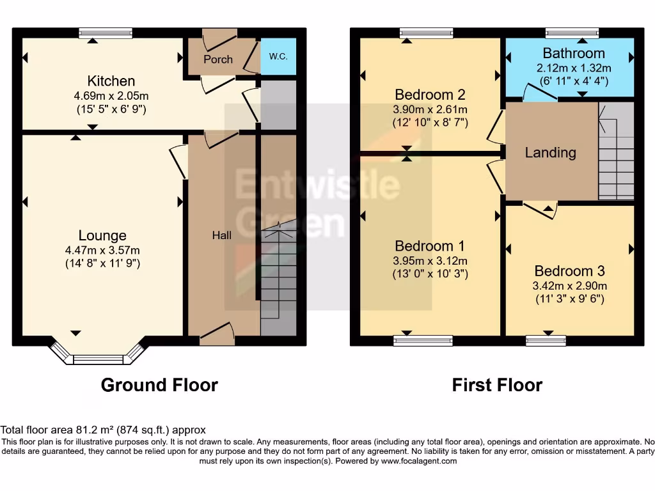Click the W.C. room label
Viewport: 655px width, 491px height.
click(278, 56)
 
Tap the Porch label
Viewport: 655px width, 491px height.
click(218, 59)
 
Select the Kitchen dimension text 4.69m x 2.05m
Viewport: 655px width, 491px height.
click(111, 96)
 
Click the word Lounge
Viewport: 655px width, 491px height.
click(102, 236)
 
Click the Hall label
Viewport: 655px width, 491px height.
click(222, 235)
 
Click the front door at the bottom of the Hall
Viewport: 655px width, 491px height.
click(217, 334)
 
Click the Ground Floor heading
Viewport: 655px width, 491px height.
click(159, 385)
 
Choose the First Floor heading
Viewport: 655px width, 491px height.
click(497, 385)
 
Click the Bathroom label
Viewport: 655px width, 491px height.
click(574, 53)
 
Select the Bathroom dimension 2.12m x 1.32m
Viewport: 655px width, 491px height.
click(574, 68)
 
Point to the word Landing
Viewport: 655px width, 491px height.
click(550, 153)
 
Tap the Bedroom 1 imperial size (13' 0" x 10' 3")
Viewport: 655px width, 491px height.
click(430, 274)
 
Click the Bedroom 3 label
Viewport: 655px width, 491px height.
click(569, 271)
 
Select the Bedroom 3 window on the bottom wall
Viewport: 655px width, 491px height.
click(546, 340)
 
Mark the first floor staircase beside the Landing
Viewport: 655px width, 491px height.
click(616, 152)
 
